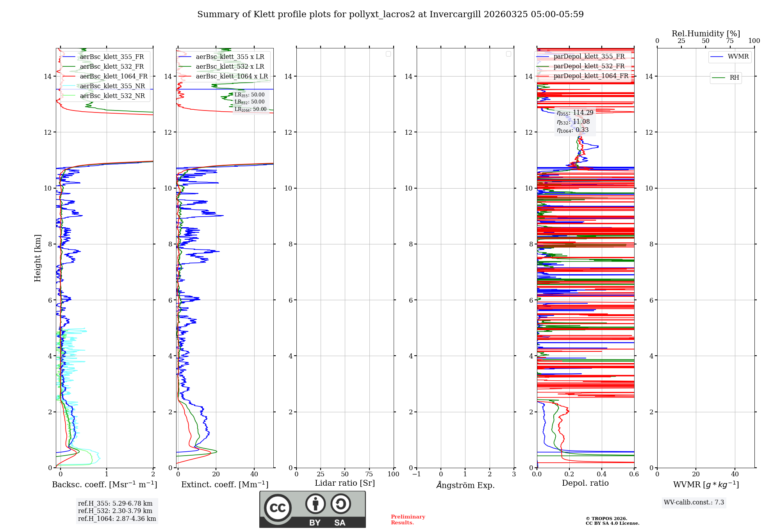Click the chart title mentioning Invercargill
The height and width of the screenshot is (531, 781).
point(390,14)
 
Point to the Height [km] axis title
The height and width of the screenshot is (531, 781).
point(37,258)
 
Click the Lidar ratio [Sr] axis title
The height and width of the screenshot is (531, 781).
point(345,483)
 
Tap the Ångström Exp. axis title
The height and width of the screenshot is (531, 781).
point(465,485)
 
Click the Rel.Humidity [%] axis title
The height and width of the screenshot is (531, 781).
point(706,34)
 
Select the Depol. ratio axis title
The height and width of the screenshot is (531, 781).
point(585,483)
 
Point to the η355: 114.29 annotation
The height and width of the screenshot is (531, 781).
point(575,113)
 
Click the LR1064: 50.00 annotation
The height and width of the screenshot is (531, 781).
point(250,109)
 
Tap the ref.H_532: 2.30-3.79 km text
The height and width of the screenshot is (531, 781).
point(115,511)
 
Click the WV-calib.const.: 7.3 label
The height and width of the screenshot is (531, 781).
point(694,502)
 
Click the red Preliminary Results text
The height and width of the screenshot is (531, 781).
point(408,519)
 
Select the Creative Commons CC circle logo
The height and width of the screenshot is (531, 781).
point(278,508)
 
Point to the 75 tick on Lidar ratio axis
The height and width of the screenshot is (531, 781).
point(369,474)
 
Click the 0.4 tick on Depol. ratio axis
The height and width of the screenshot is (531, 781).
point(602,474)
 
